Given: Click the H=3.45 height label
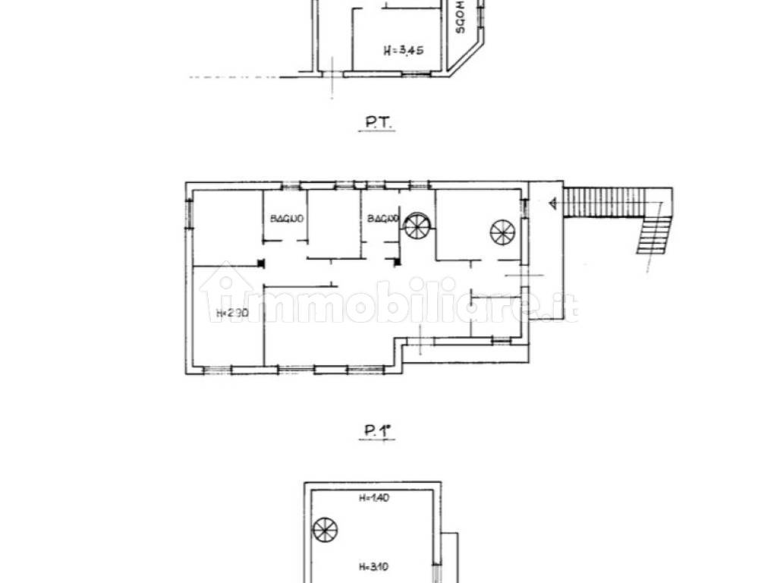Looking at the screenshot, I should click(403, 52).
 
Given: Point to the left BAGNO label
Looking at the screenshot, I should click(287, 219).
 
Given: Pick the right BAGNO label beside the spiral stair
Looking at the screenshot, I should click(382, 219).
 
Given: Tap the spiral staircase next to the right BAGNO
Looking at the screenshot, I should click(417, 225).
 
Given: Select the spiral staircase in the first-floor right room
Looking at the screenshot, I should click(502, 230).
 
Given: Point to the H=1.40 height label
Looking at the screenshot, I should click(373, 499).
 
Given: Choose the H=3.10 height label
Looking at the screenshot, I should click(373, 566).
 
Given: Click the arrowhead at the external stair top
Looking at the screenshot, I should click(552, 203).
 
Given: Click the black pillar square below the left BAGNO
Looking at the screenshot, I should click(260, 264).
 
